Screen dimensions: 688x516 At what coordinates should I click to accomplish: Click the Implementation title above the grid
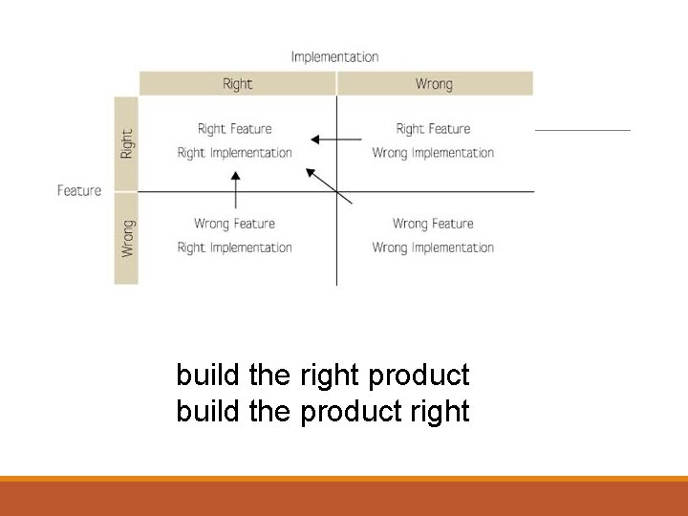(334, 57)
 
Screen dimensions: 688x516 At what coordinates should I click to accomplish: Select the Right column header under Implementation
(237, 84)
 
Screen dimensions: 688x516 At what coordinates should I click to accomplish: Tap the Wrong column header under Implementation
(434, 84)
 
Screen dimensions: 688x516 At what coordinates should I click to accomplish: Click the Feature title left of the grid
(79, 191)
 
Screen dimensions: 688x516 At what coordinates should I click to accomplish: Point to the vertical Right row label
(127, 143)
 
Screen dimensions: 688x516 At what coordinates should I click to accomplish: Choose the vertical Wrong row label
(127, 238)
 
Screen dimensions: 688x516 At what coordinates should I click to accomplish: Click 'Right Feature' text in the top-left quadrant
(234, 129)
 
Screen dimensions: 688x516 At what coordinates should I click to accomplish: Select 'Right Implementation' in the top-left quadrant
(234, 153)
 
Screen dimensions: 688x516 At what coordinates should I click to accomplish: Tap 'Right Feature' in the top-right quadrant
(433, 129)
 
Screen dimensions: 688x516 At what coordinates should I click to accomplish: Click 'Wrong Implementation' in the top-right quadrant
(433, 153)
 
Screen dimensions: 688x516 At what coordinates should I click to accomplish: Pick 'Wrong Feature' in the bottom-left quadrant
(234, 224)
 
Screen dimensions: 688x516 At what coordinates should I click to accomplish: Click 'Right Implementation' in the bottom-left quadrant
(234, 247)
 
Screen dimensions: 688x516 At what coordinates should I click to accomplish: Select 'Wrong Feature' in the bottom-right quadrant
(433, 224)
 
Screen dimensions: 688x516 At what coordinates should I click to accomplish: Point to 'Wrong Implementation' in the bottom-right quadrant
(433, 247)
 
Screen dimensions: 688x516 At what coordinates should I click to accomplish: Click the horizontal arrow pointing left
(336, 140)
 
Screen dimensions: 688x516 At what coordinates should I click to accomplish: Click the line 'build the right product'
(323, 376)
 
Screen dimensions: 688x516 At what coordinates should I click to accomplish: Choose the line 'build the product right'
(323, 412)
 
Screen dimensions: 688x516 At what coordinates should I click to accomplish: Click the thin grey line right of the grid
(582, 130)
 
